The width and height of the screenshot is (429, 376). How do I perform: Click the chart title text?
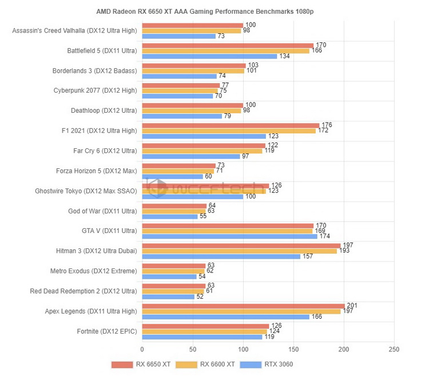click(214, 11)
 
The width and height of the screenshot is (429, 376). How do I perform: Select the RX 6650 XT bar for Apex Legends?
click(243, 306)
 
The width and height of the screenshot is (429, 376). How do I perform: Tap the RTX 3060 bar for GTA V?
click(229, 236)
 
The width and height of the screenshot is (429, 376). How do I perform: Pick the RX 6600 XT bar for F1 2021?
click(229, 131)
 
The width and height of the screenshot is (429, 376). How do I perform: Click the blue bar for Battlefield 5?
click(209, 56)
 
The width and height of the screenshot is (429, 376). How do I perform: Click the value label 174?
click(324, 236)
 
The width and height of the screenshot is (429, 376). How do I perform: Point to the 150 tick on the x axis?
click(293, 348)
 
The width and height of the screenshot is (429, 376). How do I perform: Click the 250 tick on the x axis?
click(394, 348)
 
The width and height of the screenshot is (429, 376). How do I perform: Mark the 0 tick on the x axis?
click(142, 348)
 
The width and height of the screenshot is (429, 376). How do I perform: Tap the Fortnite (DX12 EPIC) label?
click(107, 331)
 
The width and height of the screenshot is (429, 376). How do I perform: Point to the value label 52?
click(200, 296)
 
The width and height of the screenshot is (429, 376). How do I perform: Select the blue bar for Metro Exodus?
click(169, 276)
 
